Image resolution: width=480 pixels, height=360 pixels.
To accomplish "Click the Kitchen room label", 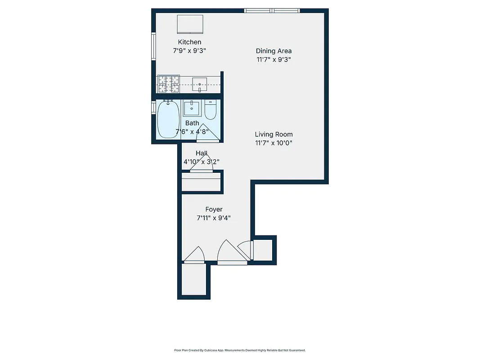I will click(189, 42).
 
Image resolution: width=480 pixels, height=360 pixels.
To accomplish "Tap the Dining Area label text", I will click(274, 51).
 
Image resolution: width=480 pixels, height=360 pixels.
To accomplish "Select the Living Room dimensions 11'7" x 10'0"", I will click(274, 143).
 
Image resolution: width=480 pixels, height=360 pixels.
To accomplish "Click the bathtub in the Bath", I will click(168, 119).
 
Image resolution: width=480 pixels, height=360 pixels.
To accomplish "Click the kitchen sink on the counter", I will click(199, 84).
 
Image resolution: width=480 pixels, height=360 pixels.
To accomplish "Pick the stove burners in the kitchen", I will click(168, 84).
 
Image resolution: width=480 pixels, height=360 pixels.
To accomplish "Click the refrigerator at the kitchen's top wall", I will click(190, 24).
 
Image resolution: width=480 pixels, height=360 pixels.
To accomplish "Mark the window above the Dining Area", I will click(272, 10).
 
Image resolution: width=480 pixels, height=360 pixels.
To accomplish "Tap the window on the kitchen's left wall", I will click(153, 49).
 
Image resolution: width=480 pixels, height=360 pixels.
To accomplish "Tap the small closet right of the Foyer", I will click(264, 250).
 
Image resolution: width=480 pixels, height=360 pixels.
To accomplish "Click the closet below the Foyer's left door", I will click(193, 280).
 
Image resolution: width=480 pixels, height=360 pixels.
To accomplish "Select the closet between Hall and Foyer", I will click(201, 182).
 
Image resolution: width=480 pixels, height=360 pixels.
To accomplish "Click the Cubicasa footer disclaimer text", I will click(240, 350).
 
